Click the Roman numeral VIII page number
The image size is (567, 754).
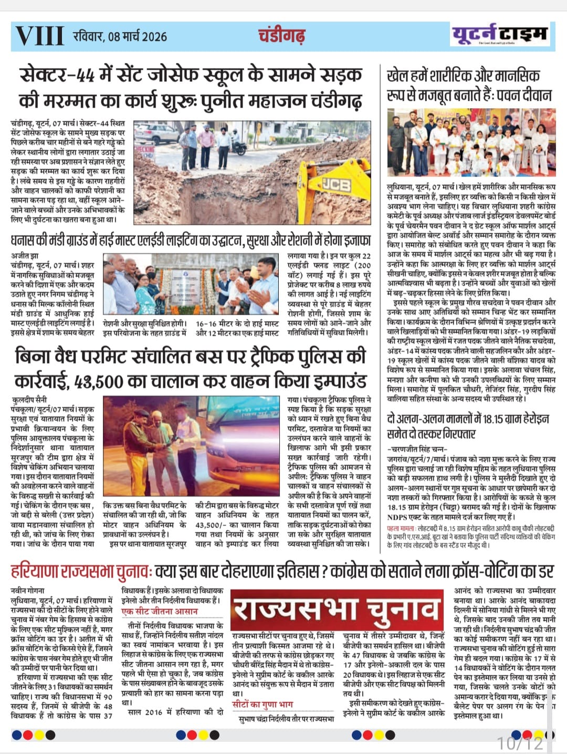[39, 36]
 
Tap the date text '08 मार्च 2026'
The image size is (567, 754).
[138, 37]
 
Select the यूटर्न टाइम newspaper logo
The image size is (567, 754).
[499, 35]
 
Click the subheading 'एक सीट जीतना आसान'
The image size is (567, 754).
[160, 612]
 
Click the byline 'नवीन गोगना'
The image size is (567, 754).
[28, 591]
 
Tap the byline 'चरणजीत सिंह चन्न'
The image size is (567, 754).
[418, 449]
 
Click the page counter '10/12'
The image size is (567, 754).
[520, 743]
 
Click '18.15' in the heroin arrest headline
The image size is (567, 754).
[490, 419]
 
